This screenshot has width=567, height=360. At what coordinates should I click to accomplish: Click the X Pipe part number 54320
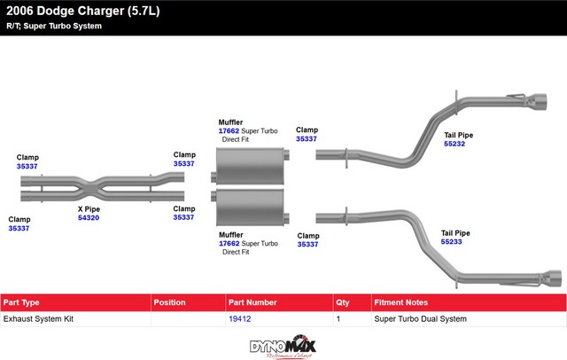tap(89, 217)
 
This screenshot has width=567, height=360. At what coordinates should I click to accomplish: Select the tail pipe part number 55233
tap(455, 241)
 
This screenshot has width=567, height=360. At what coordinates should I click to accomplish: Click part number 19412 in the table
tap(239, 317)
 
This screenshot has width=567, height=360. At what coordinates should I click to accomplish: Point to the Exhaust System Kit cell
tap(37, 317)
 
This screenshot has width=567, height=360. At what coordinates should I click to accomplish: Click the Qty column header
tap(344, 302)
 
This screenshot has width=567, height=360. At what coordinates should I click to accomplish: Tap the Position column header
tap(169, 302)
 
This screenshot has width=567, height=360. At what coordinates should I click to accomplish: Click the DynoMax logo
tap(283, 345)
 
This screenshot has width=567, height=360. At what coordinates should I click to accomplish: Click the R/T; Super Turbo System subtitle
tap(54, 26)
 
